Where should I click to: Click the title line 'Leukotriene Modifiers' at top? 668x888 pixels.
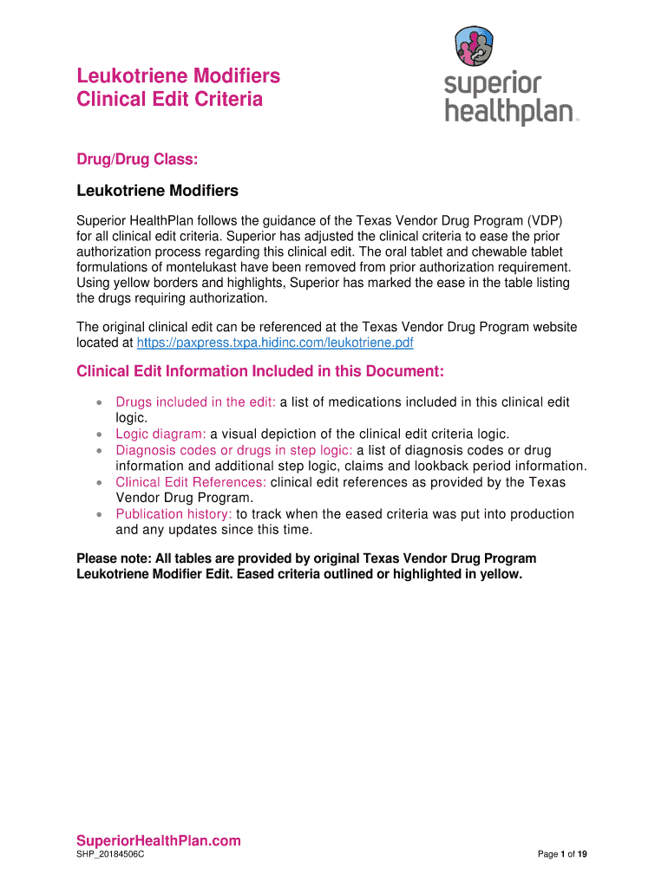pyautogui.click(x=179, y=76)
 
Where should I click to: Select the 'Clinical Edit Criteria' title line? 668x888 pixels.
pyautogui.click(x=170, y=100)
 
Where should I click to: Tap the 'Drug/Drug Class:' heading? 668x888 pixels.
pyautogui.click(x=138, y=160)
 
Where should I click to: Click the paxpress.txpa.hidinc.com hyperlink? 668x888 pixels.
pyautogui.click(x=276, y=343)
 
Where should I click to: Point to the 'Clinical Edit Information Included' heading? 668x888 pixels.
pyautogui.click(x=260, y=372)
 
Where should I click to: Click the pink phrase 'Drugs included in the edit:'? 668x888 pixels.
pyautogui.click(x=195, y=402)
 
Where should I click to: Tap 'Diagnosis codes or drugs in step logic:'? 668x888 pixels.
pyautogui.click(x=234, y=450)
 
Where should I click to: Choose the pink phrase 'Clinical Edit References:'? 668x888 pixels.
pyautogui.click(x=191, y=482)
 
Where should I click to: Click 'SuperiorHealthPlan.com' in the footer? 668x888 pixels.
pyautogui.click(x=159, y=840)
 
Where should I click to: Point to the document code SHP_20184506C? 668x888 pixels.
pyautogui.click(x=110, y=855)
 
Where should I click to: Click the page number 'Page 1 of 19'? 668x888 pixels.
pyautogui.click(x=563, y=855)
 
